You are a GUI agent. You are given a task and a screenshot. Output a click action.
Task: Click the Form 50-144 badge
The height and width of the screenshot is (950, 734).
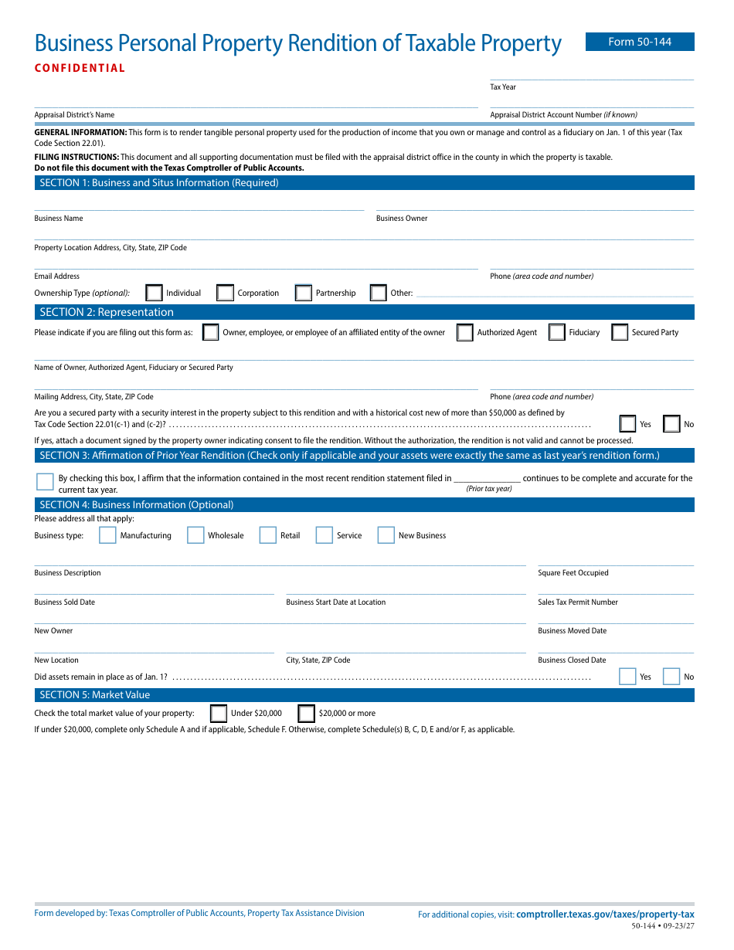[x=640, y=42]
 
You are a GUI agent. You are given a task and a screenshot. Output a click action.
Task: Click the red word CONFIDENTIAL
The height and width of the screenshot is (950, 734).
[x=80, y=68]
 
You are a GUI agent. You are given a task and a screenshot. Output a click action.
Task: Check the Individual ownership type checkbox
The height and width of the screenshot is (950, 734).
[x=155, y=293]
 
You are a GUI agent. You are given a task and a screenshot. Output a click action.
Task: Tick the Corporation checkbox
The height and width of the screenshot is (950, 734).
[x=225, y=293]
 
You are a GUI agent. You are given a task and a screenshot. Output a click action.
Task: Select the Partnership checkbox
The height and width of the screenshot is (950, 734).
[x=304, y=293]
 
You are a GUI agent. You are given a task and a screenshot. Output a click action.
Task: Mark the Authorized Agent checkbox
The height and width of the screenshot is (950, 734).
[x=464, y=332]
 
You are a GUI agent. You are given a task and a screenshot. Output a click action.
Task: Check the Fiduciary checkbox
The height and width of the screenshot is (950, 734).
[x=556, y=332]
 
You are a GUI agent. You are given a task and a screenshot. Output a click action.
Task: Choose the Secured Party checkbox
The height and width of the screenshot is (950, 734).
[x=619, y=332]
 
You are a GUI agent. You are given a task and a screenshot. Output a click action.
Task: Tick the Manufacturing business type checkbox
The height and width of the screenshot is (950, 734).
[x=107, y=535]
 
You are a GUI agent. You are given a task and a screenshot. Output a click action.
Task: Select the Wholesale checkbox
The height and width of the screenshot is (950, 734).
[x=195, y=535]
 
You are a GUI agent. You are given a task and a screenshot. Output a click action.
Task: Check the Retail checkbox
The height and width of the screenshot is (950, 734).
[x=267, y=535]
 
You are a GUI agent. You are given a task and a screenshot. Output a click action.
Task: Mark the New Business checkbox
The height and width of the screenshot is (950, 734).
[x=386, y=535]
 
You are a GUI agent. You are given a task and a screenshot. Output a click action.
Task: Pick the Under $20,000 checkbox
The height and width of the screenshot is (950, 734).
[x=219, y=713]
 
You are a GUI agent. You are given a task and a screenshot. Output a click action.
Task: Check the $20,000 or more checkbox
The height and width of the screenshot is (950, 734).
[x=306, y=713]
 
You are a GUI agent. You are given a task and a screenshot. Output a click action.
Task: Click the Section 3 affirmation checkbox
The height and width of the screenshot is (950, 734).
[x=45, y=482]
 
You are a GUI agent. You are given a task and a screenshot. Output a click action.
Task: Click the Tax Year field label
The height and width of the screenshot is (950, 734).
[x=503, y=87]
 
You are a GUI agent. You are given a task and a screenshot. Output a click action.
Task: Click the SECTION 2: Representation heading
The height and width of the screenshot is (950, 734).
[x=107, y=312]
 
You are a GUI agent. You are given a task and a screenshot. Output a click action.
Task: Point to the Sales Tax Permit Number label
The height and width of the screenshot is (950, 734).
[x=578, y=602]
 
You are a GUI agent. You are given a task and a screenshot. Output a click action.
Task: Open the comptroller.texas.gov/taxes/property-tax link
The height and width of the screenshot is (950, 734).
[x=605, y=914]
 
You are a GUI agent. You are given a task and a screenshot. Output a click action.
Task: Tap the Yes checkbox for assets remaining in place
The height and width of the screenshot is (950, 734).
[x=628, y=677]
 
